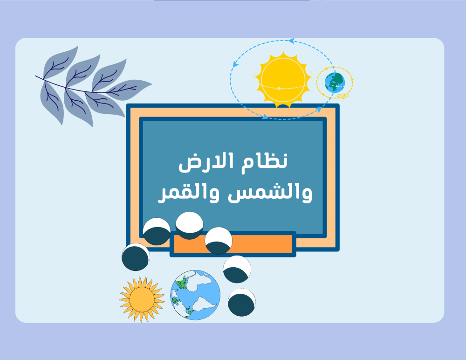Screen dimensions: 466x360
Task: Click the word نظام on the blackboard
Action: (265, 161)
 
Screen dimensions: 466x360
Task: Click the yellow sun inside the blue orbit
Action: (283, 80)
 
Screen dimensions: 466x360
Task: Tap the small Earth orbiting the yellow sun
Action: (335, 82)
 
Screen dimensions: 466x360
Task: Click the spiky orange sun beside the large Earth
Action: (142, 299)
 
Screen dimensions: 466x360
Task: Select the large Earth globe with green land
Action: (195, 295)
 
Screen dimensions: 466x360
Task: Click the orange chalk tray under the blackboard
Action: (233, 244)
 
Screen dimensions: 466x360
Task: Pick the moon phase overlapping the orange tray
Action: (219, 241)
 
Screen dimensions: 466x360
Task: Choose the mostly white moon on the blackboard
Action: (189, 226)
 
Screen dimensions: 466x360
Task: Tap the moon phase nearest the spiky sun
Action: (136, 257)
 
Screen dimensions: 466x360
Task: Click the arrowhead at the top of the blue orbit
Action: (292, 41)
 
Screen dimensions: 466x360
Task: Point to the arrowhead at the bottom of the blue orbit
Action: (265, 117)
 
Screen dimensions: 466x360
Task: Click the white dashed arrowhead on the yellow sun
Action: (279, 88)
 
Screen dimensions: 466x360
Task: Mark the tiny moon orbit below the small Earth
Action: (343, 96)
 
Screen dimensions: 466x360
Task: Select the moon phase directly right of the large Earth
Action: (241, 302)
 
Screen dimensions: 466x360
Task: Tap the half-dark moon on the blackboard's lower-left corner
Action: (157, 231)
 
